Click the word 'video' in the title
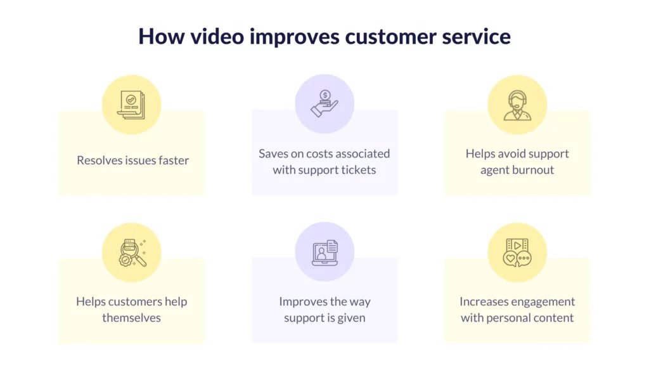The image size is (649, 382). coord(217,36)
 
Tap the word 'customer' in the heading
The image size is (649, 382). coord(390,36)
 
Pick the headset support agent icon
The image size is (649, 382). coord(517,105)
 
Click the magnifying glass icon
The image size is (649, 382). coord(132,253)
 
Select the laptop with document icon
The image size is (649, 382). coord(325,253)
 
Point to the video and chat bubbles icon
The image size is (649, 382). coord(517,253)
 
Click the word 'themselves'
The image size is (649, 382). coord(132,318)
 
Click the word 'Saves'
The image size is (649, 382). coord(273,154)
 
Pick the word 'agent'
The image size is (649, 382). coord(494,170)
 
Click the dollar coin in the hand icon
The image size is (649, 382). coord(325,95)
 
